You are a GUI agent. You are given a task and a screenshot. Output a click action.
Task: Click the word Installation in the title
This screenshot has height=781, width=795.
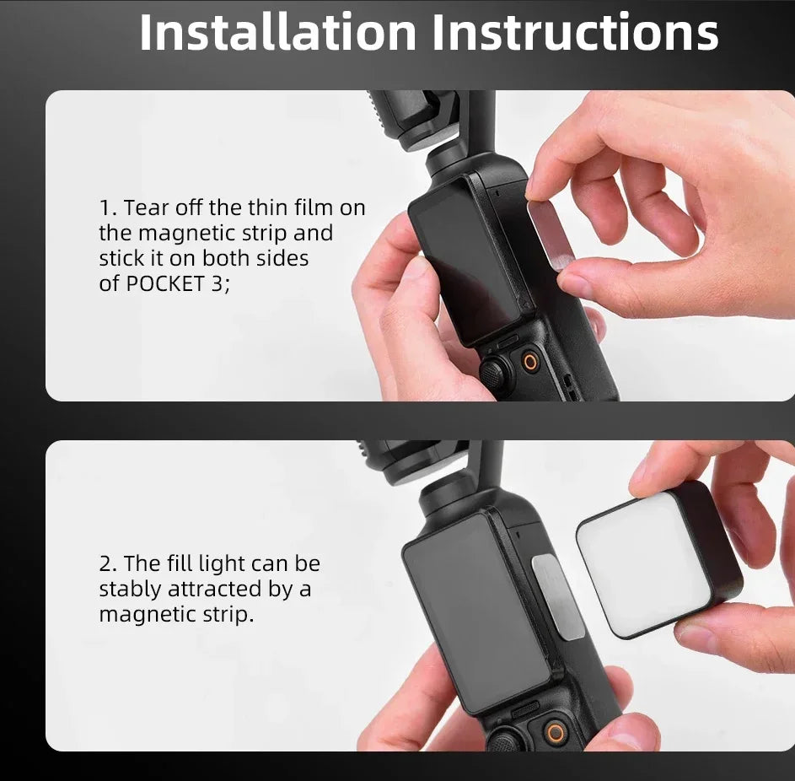point(277,32)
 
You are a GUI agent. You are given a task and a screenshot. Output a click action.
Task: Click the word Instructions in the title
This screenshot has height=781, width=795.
point(575,32)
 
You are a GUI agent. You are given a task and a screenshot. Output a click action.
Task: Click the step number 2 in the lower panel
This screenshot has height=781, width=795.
point(107,564)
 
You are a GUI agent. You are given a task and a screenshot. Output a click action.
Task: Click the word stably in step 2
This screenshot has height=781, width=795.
point(131,590)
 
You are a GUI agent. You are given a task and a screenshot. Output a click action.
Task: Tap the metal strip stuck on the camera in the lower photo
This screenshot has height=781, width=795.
point(558,596)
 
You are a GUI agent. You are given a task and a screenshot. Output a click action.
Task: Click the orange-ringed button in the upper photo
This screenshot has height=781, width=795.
point(530,362)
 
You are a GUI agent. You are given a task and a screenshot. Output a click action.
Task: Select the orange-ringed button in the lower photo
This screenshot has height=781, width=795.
point(556,733)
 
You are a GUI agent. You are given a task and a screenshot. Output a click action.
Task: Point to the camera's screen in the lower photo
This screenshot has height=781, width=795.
point(476,614)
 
